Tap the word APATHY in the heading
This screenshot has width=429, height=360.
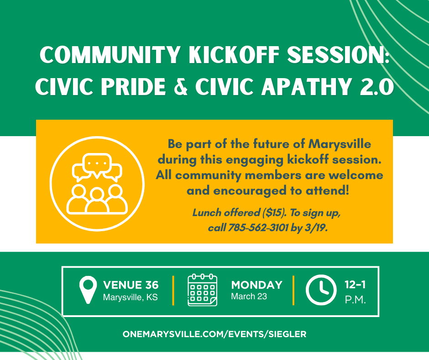coord(306,86)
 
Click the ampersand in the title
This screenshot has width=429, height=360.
coord(181,86)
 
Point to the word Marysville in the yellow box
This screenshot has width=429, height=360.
coord(340,144)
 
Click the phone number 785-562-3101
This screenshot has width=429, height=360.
coord(258,228)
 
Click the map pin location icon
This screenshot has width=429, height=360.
coord(88,290)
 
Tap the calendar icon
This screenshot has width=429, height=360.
coord(203,290)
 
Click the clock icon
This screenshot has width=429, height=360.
coord(321,290)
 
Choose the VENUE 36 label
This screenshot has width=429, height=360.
coord(131,285)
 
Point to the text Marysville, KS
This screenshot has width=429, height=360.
coord(130,297)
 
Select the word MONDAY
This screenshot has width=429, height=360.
coord(256,285)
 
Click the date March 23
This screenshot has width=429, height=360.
coord(249,296)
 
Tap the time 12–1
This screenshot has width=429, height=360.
coord(355,285)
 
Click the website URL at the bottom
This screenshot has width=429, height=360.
coord(214,334)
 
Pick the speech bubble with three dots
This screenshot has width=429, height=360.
coord(97,164)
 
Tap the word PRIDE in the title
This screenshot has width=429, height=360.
coord(134,86)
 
